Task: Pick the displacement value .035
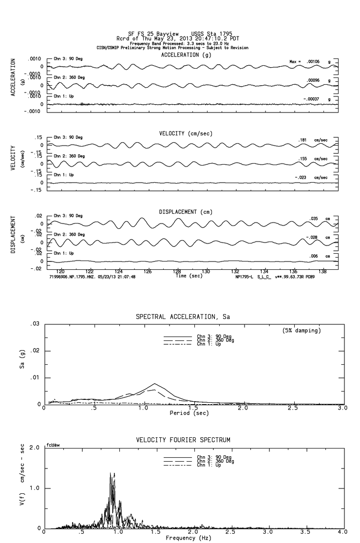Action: (314, 219)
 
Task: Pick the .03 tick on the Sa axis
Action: (35, 324)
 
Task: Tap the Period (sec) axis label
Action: (189, 412)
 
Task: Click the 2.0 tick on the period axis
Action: (243, 408)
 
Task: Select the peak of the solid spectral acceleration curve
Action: (154, 384)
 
